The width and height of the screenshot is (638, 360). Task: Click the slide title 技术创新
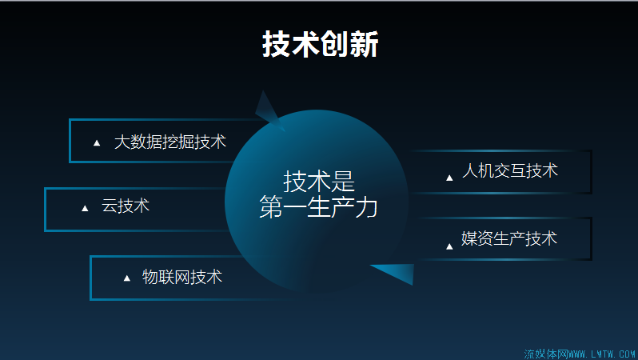click(321, 43)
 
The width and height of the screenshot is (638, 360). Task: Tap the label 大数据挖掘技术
click(170, 142)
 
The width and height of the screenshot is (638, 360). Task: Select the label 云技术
click(126, 206)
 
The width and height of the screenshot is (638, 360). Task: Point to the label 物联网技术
click(181, 277)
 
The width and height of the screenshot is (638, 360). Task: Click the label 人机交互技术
click(510, 170)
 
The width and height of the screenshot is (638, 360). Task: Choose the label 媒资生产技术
click(509, 238)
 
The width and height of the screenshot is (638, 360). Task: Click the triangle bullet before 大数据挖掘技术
click(97, 143)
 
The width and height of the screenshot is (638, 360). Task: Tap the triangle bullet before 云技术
click(85, 209)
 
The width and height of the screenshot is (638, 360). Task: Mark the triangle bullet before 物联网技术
click(127, 278)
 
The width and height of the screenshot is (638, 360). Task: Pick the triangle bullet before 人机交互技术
click(449, 178)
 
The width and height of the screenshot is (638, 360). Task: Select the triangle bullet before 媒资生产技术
click(449, 246)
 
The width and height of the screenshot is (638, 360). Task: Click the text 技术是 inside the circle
click(319, 182)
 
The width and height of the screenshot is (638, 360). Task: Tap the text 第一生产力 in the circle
click(318, 207)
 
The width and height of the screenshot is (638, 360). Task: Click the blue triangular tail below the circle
click(397, 273)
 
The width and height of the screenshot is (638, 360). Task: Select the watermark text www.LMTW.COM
click(602, 354)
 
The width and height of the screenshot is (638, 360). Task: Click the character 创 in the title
click(335, 43)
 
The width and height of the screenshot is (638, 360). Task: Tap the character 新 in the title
click(364, 43)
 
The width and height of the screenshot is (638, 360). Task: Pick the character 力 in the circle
click(366, 207)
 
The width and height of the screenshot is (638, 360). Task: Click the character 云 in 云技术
click(110, 206)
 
